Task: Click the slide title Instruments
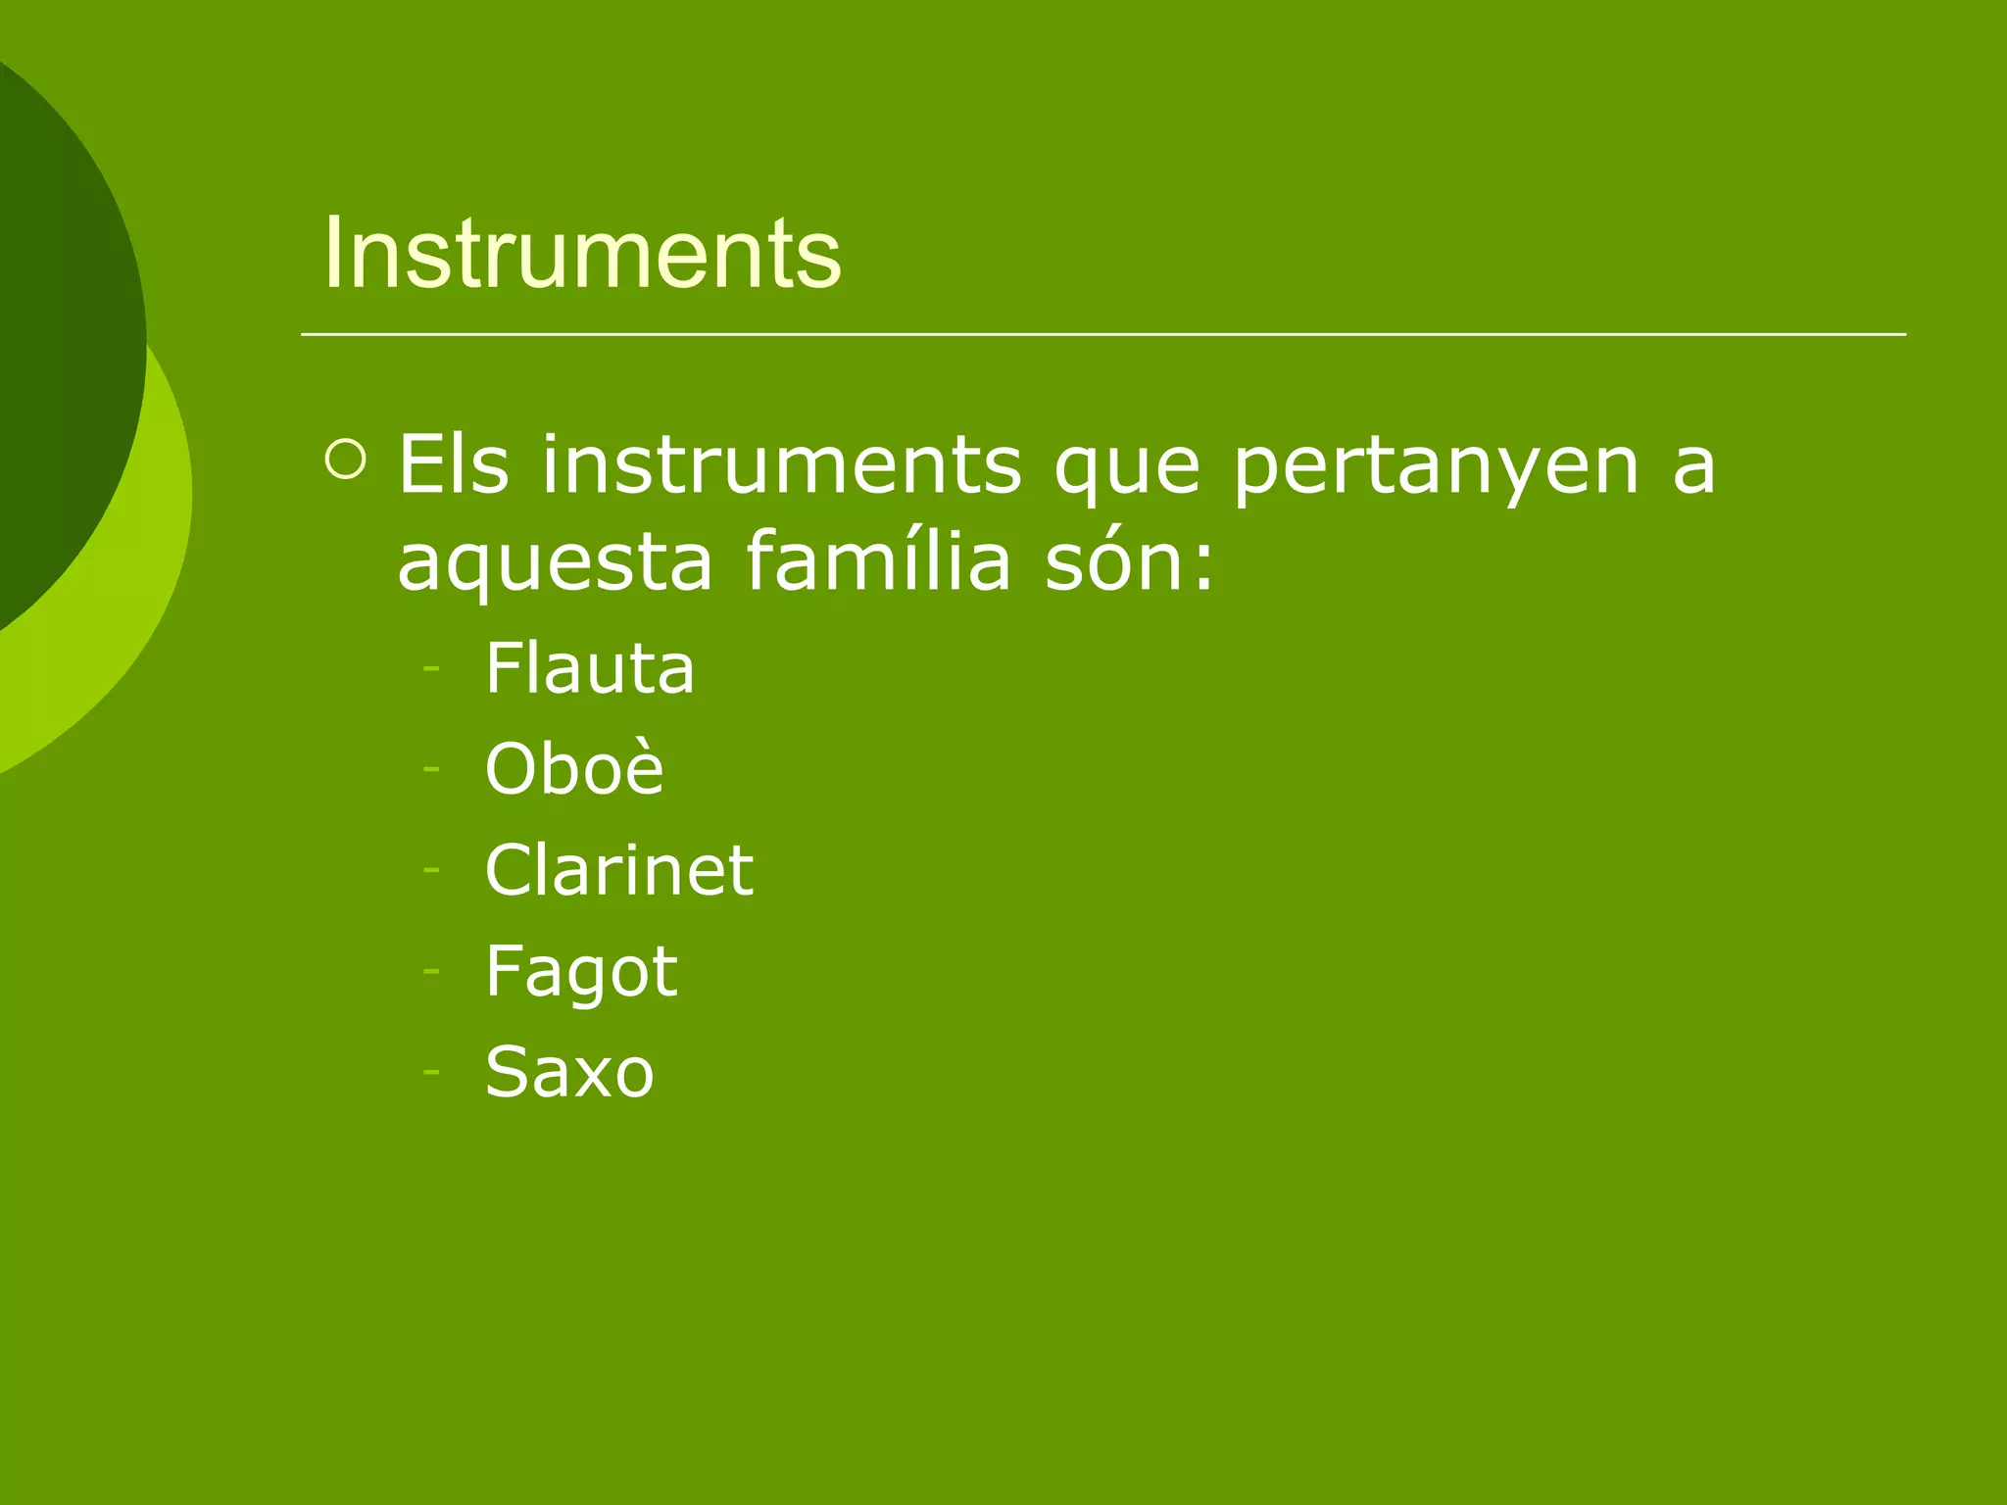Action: coord(582,254)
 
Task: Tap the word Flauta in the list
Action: coord(590,668)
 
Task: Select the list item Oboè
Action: coord(574,768)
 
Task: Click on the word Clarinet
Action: coord(619,870)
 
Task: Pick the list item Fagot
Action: coord(581,972)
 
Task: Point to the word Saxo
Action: coord(569,1072)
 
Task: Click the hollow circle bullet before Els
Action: coord(345,460)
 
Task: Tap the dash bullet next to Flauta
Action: coord(431,669)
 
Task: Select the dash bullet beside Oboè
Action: coord(431,769)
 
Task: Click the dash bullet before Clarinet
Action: coord(431,870)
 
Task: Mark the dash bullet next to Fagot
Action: coord(431,970)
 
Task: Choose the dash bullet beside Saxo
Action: coord(431,1071)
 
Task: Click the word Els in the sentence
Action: coord(454,465)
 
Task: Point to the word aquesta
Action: coord(555,564)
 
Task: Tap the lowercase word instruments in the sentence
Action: coord(782,465)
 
